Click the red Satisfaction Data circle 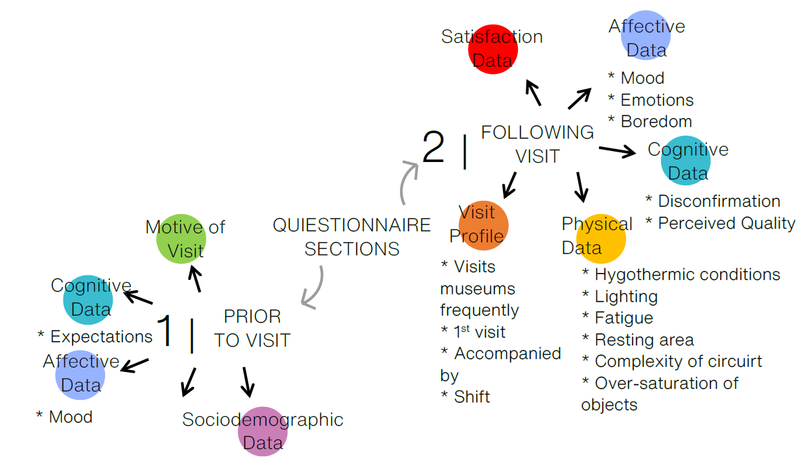493,49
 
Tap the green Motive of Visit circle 181,238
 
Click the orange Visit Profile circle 483,226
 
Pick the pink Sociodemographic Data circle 262,431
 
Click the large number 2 434,148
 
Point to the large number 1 165,331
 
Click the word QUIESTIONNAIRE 351,226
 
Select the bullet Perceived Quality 726,224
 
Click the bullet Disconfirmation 718,202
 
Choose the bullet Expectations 101,337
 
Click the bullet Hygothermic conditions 687,275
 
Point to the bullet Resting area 644,340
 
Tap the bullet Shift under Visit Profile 471,397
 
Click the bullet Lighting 625,297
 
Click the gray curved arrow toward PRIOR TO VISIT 315,289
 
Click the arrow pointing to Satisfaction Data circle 533,93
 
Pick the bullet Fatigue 623,318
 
